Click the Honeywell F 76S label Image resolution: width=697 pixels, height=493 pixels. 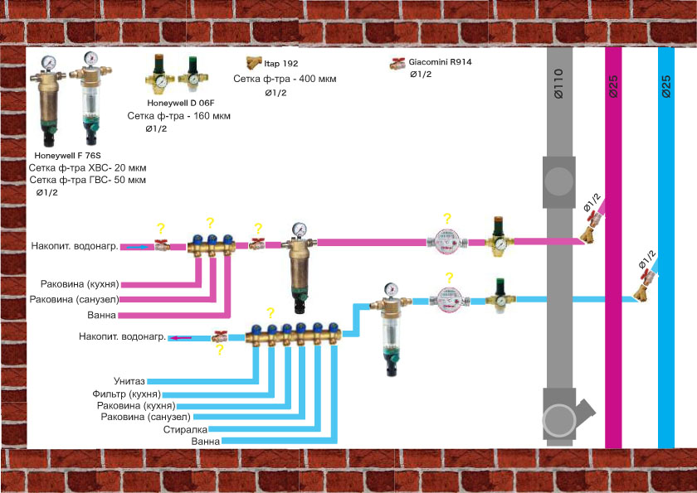coord(67,156)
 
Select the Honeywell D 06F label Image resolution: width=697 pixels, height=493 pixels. coord(181,103)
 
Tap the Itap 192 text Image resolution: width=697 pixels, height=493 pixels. coord(281,64)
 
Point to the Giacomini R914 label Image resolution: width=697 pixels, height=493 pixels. coord(440,62)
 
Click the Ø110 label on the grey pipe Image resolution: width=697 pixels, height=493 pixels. coord(558,84)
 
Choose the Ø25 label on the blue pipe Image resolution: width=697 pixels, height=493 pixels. coord(665,86)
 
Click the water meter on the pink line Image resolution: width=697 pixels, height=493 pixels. coord(446,242)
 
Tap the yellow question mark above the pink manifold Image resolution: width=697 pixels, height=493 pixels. coord(210,223)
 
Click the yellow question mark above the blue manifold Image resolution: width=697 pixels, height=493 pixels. coord(271,313)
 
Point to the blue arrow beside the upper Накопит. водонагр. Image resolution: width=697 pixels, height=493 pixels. coord(138,247)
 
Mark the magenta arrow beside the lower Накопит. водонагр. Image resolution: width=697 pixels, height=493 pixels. coord(181,338)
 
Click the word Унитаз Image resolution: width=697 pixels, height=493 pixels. coord(129,381)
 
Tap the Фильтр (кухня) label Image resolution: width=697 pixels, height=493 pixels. coord(127,394)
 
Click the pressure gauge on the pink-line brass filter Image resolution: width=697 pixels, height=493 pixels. coord(300,230)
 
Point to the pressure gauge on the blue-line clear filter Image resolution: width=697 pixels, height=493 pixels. coord(390,290)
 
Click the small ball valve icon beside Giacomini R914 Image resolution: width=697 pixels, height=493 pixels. coord(397,64)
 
